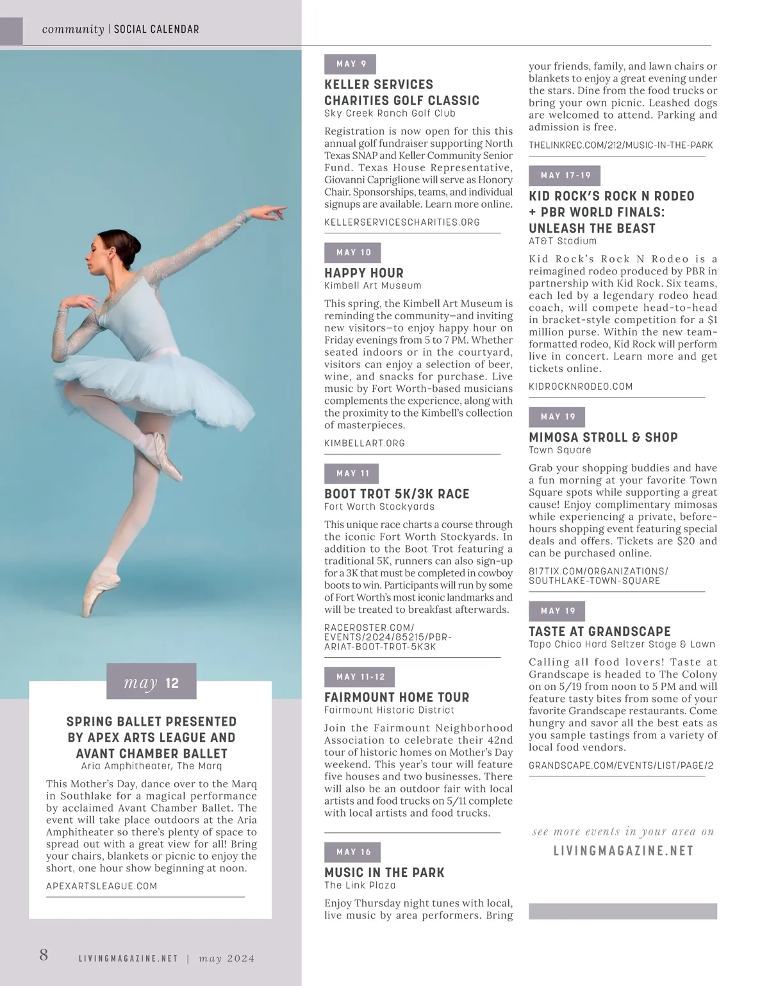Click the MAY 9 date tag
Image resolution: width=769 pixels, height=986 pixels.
(350, 64)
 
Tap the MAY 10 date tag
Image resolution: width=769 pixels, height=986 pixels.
(352, 253)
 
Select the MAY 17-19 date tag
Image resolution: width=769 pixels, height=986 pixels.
(565, 176)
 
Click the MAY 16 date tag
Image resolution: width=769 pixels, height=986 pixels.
(352, 852)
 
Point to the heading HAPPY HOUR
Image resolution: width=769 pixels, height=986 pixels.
(364, 272)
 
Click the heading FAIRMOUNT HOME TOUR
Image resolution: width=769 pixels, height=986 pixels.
(397, 697)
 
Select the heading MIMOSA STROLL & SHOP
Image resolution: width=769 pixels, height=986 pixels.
(603, 437)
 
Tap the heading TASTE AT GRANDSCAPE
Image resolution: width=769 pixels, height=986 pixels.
(599, 631)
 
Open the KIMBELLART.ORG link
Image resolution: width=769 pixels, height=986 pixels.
(365, 443)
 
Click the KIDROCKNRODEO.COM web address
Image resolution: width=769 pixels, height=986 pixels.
(581, 387)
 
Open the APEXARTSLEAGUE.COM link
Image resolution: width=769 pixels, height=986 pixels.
(101, 886)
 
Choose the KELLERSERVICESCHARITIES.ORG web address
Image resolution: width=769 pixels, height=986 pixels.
(402, 222)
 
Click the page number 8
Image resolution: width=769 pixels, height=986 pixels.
(44, 955)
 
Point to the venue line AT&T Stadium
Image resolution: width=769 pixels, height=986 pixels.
(562, 242)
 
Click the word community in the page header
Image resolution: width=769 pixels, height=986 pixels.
(72, 29)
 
